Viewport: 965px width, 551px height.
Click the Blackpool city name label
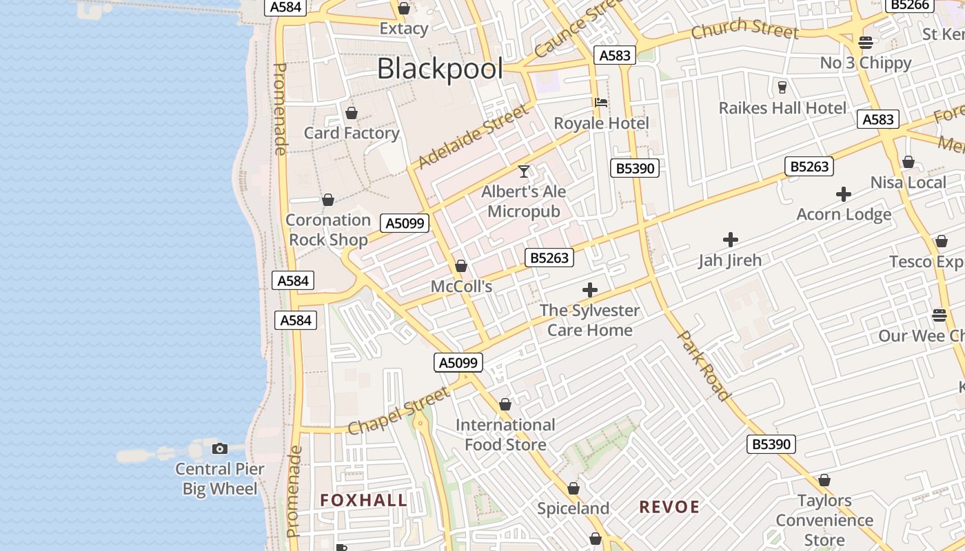pyautogui.click(x=440, y=69)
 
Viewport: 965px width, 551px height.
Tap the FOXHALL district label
pyautogui.click(x=364, y=501)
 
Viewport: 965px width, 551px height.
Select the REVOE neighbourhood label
pyautogui.click(x=669, y=508)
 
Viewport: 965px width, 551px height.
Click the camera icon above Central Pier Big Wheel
pyautogui.click(x=220, y=449)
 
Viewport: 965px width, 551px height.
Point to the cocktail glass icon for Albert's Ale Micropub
pyautogui.click(x=524, y=171)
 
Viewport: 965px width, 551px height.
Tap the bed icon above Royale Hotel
pyautogui.click(x=601, y=103)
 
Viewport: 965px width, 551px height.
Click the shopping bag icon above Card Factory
pyautogui.click(x=352, y=113)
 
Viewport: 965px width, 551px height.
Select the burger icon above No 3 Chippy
pyautogui.click(x=866, y=43)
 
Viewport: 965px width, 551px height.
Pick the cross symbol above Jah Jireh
pyautogui.click(x=730, y=240)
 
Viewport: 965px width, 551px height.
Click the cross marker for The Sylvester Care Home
pyautogui.click(x=590, y=290)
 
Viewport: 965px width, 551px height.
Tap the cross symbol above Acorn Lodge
pyautogui.click(x=844, y=194)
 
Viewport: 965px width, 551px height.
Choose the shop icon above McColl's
pyautogui.click(x=461, y=266)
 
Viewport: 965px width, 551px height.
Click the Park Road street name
pyautogui.click(x=704, y=366)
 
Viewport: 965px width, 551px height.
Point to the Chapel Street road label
pyautogui.click(x=398, y=412)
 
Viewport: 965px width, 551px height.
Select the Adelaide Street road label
pyautogui.click(x=473, y=136)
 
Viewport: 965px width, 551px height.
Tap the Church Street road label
pyautogui.click(x=744, y=29)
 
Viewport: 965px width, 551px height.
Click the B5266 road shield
pyautogui.click(x=910, y=6)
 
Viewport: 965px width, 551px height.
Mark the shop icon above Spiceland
pyautogui.click(x=573, y=488)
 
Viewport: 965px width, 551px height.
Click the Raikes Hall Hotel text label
pyautogui.click(x=782, y=108)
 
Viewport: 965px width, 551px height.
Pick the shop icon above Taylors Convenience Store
pyautogui.click(x=824, y=480)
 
